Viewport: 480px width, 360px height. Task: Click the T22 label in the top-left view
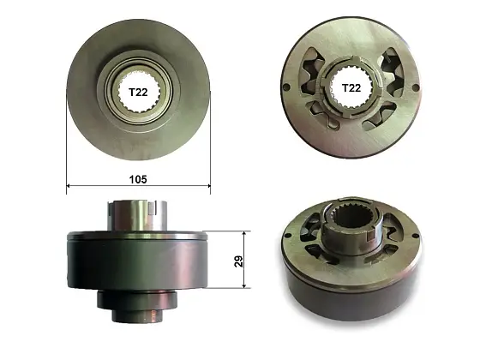[x=138, y=92]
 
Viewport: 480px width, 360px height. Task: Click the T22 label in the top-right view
[x=351, y=87]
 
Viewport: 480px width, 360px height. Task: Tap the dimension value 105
[x=138, y=179]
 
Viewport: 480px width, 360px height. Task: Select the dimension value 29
[x=238, y=261]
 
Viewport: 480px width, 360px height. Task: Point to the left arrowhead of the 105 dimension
[x=69, y=185]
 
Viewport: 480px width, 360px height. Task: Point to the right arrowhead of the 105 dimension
[x=208, y=185]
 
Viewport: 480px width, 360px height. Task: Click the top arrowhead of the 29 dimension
[x=244, y=234]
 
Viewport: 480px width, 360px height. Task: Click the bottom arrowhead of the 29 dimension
[x=244, y=285]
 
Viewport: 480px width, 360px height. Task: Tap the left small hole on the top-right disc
[x=286, y=87]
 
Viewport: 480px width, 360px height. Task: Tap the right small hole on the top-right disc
[x=415, y=88]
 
